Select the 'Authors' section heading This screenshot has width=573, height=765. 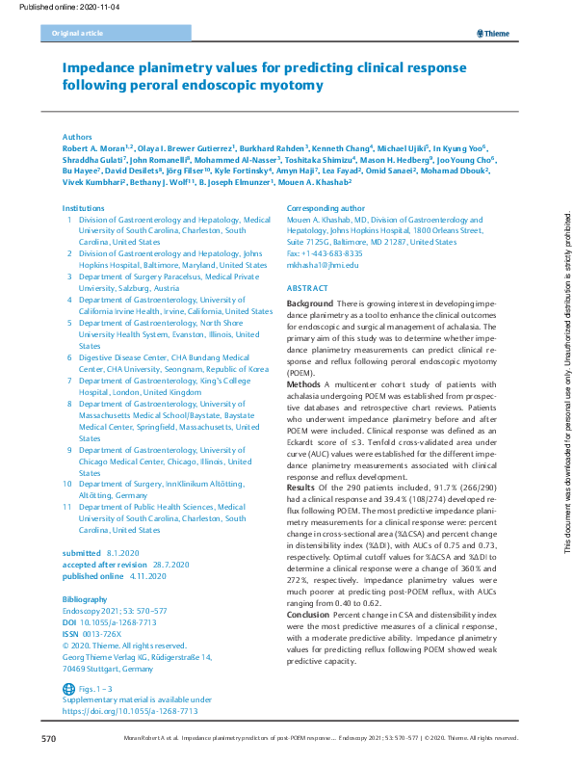click(x=78, y=138)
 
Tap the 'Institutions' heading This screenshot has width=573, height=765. click(x=84, y=208)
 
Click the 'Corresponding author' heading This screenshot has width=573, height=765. click(x=326, y=208)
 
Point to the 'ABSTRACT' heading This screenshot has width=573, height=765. click(x=307, y=288)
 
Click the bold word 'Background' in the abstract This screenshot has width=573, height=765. click(x=310, y=303)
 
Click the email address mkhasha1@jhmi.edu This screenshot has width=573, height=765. click(x=323, y=264)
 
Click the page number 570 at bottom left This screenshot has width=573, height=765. click(x=49, y=738)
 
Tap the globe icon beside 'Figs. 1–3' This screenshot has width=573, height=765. click(x=67, y=689)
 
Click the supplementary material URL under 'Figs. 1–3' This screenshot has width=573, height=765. click(x=130, y=711)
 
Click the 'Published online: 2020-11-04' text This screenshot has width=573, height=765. click(x=51, y=7)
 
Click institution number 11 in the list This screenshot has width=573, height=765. click(x=66, y=505)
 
